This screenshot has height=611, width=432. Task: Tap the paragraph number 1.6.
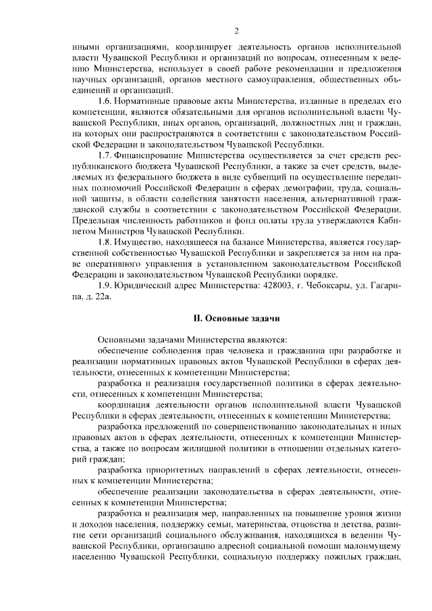point(107,101)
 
